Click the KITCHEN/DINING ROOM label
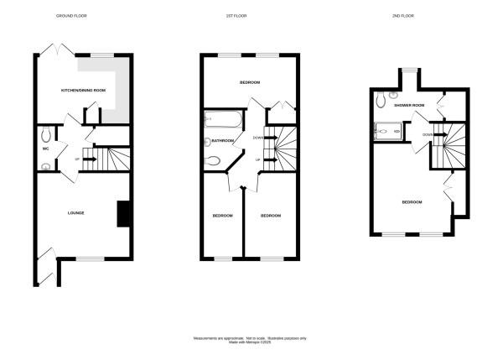83,89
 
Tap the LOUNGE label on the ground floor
75,213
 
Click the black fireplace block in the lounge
123,213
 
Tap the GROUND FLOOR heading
71,16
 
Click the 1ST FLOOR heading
250,16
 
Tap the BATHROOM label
222,141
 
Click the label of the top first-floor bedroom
250,82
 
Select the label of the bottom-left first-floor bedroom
221,216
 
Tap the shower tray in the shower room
388,130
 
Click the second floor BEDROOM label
412,202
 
